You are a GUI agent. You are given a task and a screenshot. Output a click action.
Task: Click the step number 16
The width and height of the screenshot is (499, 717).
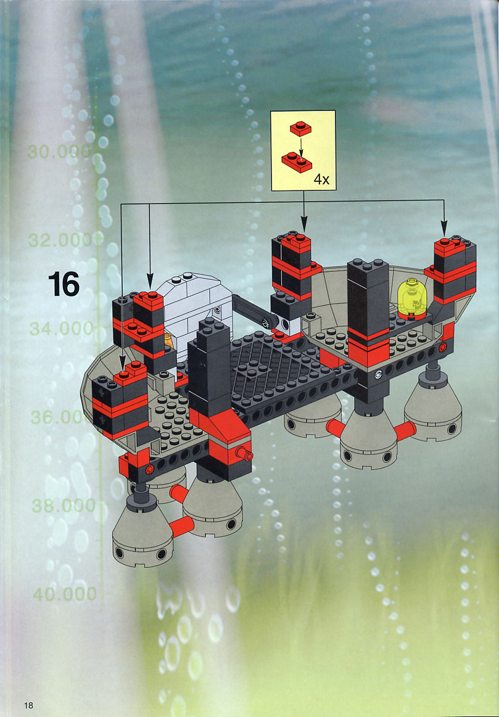pyautogui.click(x=64, y=284)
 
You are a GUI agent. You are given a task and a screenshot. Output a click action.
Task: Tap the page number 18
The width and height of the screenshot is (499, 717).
pyautogui.click(x=28, y=705)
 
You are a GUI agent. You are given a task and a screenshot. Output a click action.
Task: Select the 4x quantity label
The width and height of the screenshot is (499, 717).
pyautogui.click(x=321, y=179)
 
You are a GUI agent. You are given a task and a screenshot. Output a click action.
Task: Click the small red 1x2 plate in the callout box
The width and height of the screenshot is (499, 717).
pyautogui.click(x=300, y=128)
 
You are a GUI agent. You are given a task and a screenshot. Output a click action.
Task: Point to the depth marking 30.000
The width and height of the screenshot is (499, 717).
pyautogui.click(x=59, y=152)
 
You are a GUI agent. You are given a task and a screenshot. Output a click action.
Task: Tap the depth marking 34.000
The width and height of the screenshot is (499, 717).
pyautogui.click(x=62, y=329)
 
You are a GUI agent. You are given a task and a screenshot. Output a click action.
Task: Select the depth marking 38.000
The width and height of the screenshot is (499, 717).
pyautogui.click(x=64, y=506)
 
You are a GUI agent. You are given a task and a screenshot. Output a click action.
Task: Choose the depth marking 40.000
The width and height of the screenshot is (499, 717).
pyautogui.click(x=65, y=594)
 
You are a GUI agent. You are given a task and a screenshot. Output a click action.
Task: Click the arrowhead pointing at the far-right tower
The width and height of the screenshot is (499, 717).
pyautogui.click(x=443, y=229)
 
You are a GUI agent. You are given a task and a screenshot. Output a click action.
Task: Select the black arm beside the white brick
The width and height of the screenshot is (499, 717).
pyautogui.click(x=255, y=311)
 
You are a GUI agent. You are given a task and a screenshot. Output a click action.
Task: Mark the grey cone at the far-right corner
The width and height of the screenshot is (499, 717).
pyautogui.click(x=432, y=413)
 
